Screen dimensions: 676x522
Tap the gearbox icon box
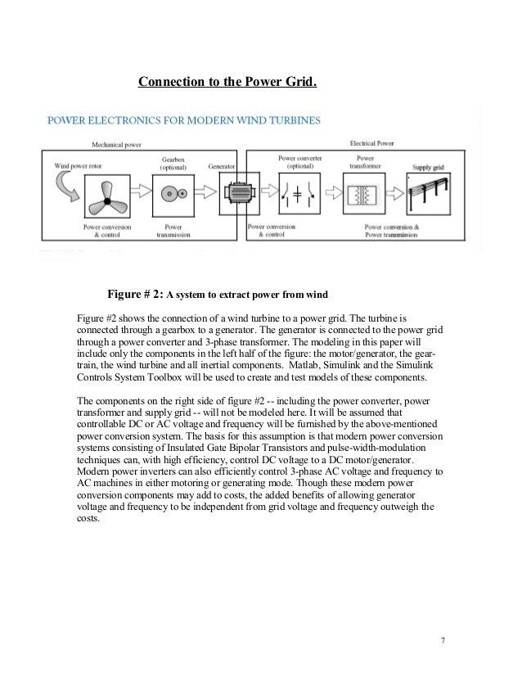coord(173,195)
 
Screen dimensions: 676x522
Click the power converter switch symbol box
coord(298,196)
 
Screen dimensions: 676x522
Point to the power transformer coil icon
coord(364,196)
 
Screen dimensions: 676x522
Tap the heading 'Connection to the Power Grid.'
coord(227,83)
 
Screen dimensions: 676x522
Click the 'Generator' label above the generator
coord(223,165)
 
